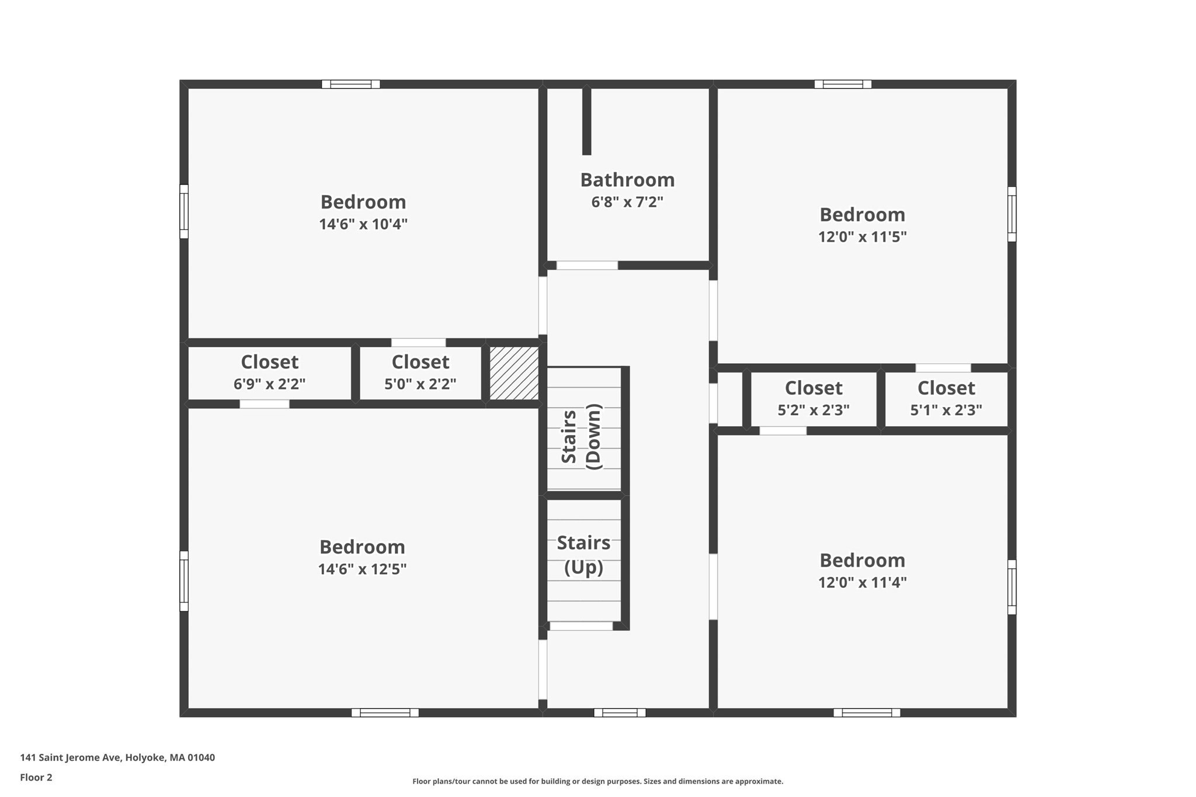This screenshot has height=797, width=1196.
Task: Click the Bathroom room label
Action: pyautogui.click(x=627, y=180)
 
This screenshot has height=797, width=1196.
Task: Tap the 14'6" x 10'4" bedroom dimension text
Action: pyautogui.click(x=363, y=224)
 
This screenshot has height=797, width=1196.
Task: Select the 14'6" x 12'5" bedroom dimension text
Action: pyautogui.click(x=362, y=569)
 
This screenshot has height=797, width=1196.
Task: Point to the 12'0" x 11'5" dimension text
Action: pyautogui.click(x=862, y=237)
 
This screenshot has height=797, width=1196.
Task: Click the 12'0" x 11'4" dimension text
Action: pyautogui.click(x=862, y=583)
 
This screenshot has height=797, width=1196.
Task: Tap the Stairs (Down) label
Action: pyautogui.click(x=581, y=436)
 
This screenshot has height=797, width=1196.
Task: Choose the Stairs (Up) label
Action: pyautogui.click(x=583, y=555)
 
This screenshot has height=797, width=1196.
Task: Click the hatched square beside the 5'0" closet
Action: pyautogui.click(x=514, y=373)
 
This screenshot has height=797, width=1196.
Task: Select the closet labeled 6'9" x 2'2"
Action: pyautogui.click(x=269, y=373)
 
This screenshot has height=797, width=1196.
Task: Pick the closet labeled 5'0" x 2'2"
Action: pyautogui.click(x=420, y=373)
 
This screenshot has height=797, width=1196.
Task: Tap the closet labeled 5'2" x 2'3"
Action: pyautogui.click(x=813, y=399)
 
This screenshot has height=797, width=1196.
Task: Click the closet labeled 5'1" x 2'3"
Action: pyautogui.click(x=946, y=399)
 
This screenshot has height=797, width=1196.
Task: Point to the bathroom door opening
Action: pyautogui.click(x=587, y=265)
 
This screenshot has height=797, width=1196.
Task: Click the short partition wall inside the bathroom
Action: pyautogui.click(x=587, y=121)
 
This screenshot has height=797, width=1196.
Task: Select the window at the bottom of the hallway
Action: pyautogui.click(x=620, y=712)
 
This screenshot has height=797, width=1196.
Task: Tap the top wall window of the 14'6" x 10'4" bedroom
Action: pyautogui.click(x=350, y=84)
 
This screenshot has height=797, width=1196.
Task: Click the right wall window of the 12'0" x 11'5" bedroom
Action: pyautogui.click(x=1012, y=214)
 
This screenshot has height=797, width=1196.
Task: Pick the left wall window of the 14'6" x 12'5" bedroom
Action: pyautogui.click(x=184, y=581)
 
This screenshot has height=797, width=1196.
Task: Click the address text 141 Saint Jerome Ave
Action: pyautogui.click(x=117, y=757)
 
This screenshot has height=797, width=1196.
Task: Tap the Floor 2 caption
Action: pyautogui.click(x=36, y=777)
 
